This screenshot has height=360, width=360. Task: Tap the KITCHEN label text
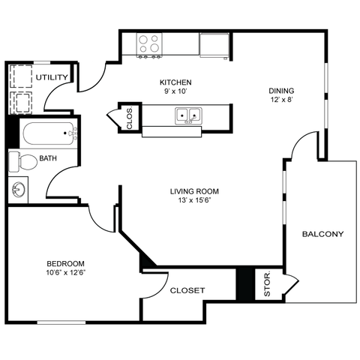pyautogui.click(x=175, y=82)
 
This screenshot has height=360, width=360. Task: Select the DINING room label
pyautogui.click(x=282, y=91)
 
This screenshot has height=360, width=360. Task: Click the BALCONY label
pyautogui.click(x=322, y=234)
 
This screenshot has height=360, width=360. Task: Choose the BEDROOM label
pyautogui.click(x=65, y=263)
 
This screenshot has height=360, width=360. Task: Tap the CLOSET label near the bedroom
pyautogui.click(x=187, y=290)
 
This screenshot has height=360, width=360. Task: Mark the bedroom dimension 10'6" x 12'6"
pyautogui.click(x=65, y=273)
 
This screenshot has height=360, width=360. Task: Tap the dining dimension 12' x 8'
pyautogui.click(x=282, y=100)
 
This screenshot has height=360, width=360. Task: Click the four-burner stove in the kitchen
pyautogui.click(x=150, y=44)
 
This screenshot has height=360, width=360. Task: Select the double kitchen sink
pyautogui.click(x=187, y=115)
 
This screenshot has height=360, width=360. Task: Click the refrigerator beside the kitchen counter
pyautogui.click(x=216, y=45)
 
